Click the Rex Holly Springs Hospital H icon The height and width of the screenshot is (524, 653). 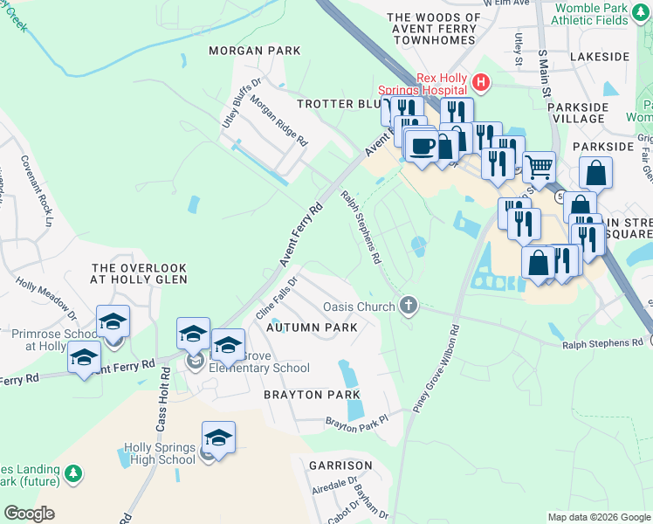(x=479, y=83)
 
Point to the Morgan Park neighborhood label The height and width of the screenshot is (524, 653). (x=255, y=52)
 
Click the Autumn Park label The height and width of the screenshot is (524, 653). (x=312, y=327)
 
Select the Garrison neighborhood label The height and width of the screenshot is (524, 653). (x=340, y=465)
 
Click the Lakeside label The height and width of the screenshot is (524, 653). (x=599, y=56)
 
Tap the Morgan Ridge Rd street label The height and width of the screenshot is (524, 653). (x=279, y=120)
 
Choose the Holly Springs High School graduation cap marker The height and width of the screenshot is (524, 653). (x=218, y=436)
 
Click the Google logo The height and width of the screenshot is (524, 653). (x=29, y=514)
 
